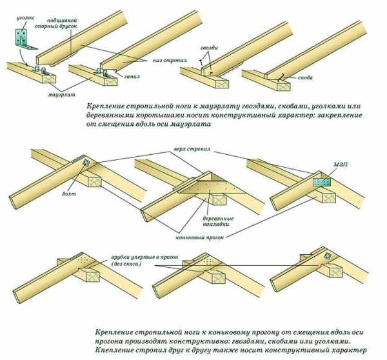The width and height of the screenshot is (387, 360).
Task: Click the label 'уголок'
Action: pyautogui.click(x=25, y=18)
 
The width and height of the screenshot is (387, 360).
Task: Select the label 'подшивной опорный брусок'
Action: pyautogui.click(x=55, y=23)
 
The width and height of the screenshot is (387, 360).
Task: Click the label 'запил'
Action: pyautogui.click(x=132, y=76)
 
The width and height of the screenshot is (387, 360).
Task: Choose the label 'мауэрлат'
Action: pyautogui.click(x=62, y=94)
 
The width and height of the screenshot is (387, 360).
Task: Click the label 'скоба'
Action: pyautogui.click(x=305, y=77)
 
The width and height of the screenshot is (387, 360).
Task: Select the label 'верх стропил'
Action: pyautogui.click(x=192, y=149)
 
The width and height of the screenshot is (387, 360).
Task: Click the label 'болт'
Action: pyautogui.click(x=69, y=194)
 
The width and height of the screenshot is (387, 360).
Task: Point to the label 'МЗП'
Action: pyautogui.click(x=341, y=165)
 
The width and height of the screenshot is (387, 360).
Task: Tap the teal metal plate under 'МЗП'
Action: pyautogui.click(x=322, y=182)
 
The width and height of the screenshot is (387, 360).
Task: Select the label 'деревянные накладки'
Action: pyautogui.click(x=218, y=221)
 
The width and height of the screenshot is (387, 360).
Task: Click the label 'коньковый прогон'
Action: pyautogui.click(x=200, y=237)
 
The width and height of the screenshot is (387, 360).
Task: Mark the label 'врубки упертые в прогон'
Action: pyautogui.click(x=144, y=257)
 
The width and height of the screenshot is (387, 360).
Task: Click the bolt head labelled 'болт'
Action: pyautogui.click(x=86, y=163)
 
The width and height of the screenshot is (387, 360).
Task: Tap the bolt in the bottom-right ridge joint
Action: pyautogui.click(x=328, y=256)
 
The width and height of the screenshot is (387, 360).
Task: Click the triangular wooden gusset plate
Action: pyautogui.click(x=212, y=186)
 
